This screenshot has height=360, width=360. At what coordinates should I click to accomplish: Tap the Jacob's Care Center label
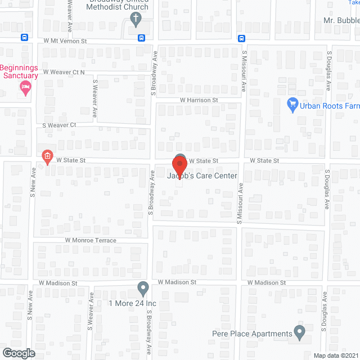coord(201,176)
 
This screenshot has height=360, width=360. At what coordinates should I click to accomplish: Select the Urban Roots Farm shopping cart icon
coord(292,104)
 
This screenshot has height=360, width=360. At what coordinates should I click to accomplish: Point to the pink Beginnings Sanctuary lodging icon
coord(24,87)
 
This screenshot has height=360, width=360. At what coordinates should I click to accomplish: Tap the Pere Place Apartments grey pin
coord(299,332)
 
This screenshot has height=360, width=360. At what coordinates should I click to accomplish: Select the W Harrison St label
coord(199,100)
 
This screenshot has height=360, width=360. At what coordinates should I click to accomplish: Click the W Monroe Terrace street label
coord(91,241)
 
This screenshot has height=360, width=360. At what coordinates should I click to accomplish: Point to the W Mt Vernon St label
coord(65,41)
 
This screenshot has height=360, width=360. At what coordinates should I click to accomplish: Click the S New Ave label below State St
coord(33,182)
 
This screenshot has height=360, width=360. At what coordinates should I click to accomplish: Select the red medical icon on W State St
coord(48,156)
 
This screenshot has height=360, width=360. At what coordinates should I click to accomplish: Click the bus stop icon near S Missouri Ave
coord(241,38)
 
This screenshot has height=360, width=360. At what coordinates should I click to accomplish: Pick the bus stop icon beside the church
coord(141,38)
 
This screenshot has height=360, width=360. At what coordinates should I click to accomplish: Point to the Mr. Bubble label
coord(341,20)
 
